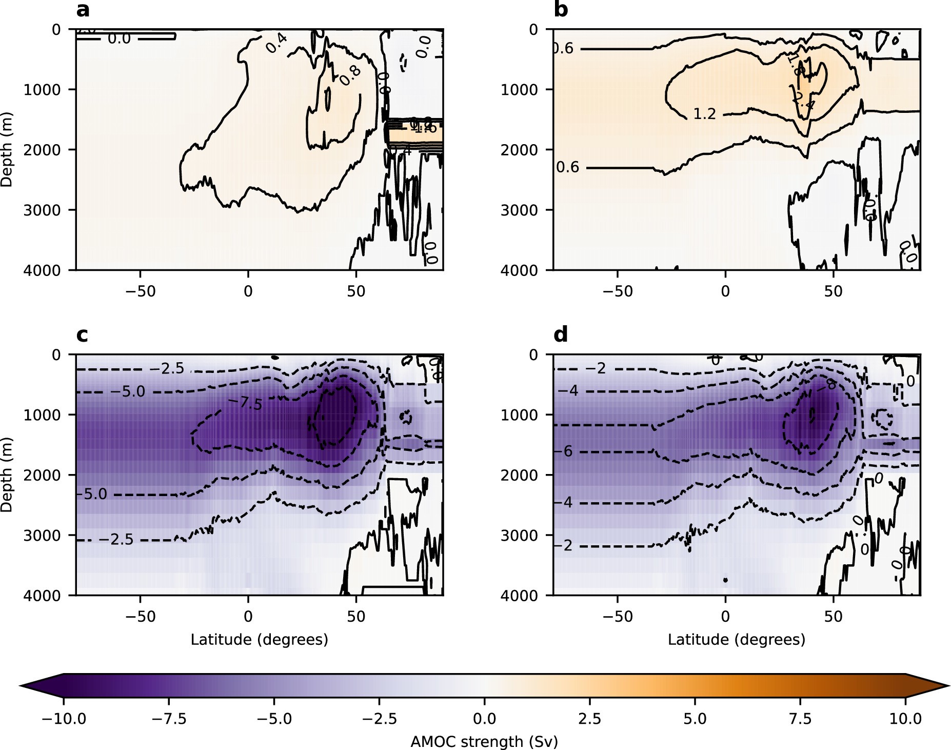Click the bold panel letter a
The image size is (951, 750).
[x=82, y=10]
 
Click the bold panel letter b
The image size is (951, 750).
[x=561, y=10]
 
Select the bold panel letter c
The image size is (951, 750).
[x=82, y=334]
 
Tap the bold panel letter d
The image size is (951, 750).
[x=561, y=334]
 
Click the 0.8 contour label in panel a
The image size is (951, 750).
[x=351, y=75]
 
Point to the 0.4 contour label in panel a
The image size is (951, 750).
[x=276, y=44]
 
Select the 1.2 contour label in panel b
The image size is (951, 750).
[x=704, y=114]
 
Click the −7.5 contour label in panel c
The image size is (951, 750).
[x=245, y=403]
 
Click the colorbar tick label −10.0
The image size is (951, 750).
[x=64, y=718]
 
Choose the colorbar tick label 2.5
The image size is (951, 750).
[x=589, y=718]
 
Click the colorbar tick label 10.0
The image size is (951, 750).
[x=905, y=718]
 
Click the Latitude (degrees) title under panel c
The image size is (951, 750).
[x=259, y=639]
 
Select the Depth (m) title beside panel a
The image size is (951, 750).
[x=7, y=150]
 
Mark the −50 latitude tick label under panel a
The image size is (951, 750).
[x=141, y=291]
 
